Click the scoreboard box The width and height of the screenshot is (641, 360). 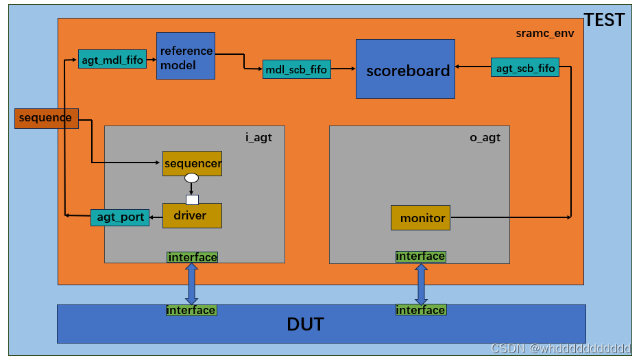[x=404, y=69]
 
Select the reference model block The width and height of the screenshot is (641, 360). [x=185, y=56]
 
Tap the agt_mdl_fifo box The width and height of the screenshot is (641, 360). [x=112, y=60]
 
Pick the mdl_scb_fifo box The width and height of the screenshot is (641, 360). [x=296, y=69]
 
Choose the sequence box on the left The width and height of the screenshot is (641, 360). [x=46, y=118]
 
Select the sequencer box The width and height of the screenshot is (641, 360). [x=192, y=163]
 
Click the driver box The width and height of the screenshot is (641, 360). [x=192, y=215]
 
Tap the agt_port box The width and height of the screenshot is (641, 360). [x=120, y=217]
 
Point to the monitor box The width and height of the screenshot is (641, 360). [x=420, y=217]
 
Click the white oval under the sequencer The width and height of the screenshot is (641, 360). [x=191, y=178]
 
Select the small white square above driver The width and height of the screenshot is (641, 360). [x=192, y=200]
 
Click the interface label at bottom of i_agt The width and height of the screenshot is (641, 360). [x=192, y=257]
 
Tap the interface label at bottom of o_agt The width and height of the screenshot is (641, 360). [x=420, y=256]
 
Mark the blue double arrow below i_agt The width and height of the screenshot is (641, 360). [x=191, y=283]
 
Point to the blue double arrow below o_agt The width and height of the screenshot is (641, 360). [x=421, y=283]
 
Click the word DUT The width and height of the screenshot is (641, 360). [x=305, y=324]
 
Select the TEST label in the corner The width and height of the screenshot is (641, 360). [x=603, y=21]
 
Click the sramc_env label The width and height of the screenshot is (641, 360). [x=544, y=33]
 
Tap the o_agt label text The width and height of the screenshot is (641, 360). [x=485, y=137]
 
